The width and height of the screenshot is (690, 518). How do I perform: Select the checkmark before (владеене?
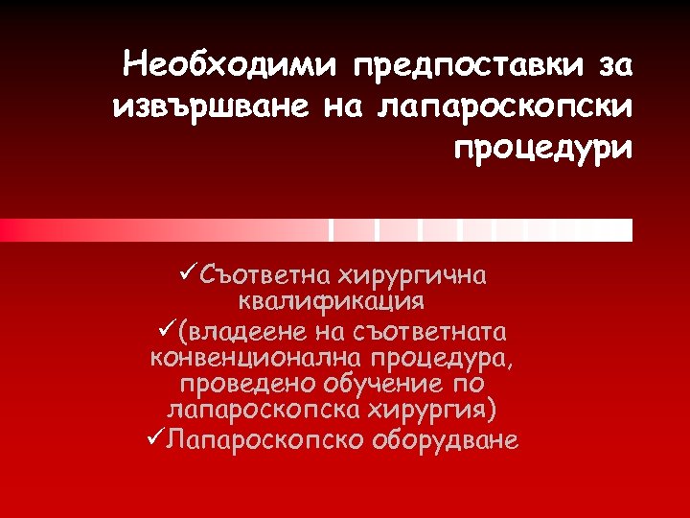point(159,331)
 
